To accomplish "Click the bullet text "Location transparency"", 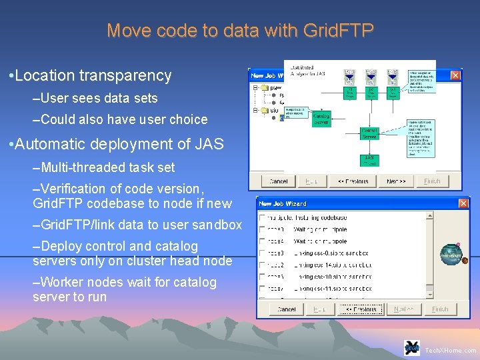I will (x=93, y=76).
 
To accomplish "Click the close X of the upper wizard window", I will (x=455, y=75).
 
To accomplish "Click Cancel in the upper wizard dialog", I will (x=278, y=181).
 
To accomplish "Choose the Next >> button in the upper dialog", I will (x=396, y=181).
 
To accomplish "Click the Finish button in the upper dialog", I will (x=433, y=181).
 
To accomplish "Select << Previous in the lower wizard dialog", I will (x=360, y=309).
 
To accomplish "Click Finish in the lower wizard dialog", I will (x=440, y=309).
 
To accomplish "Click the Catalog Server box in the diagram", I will (x=321, y=118).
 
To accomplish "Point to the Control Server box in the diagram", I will (x=369, y=133).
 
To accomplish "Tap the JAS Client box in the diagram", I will (x=369, y=161).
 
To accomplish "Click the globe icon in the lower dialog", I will (x=451, y=255).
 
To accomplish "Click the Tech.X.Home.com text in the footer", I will (x=451, y=350).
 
